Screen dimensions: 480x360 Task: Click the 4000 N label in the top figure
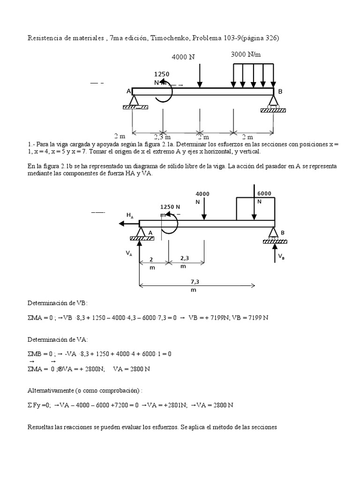(183, 57)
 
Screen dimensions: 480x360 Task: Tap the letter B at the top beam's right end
(280, 92)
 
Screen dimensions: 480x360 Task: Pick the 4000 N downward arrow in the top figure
(200, 75)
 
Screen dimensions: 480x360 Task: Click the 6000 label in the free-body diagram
(264, 193)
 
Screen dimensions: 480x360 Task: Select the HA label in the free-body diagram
(130, 215)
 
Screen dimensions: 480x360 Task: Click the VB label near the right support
(281, 256)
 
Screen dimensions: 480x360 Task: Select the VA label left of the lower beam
(128, 253)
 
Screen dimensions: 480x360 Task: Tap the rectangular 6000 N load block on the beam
(255, 209)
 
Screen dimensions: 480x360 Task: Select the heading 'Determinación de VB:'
(58, 303)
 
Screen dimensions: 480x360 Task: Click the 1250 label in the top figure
(162, 74)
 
